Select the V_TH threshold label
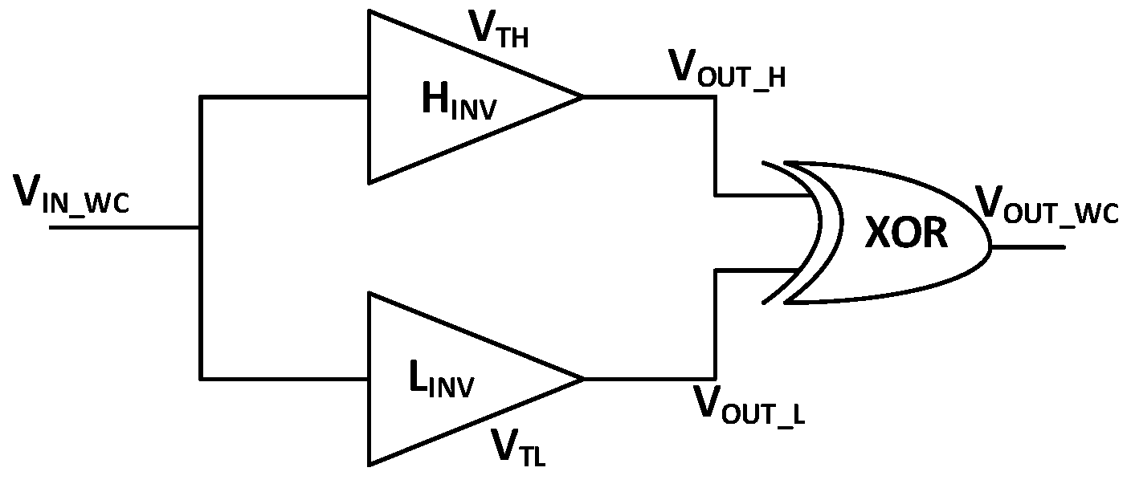coord(497,31)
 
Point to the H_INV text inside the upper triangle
coord(459,102)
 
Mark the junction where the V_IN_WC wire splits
coord(200,228)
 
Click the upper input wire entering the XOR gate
coord(763,194)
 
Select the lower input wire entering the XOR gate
coord(763,271)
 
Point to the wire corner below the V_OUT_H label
coord(714,97)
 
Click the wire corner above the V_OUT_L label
coord(714,378)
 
